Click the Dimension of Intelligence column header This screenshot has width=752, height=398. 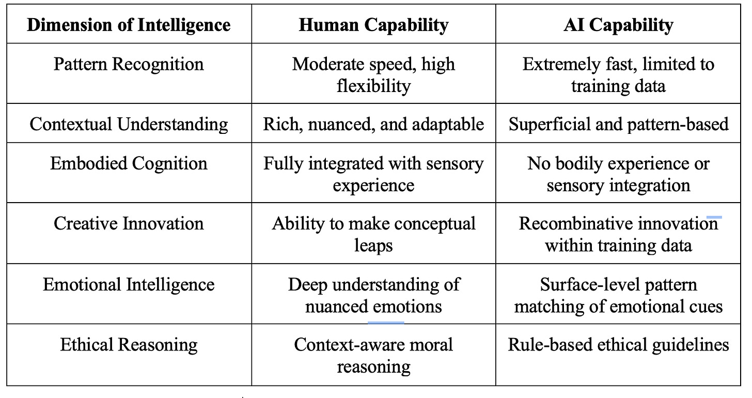click(x=129, y=25)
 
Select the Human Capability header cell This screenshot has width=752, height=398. click(x=373, y=25)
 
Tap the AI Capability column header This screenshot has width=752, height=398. click(x=618, y=25)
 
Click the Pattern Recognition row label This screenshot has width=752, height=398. click(x=129, y=65)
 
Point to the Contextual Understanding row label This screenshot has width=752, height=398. click(x=129, y=124)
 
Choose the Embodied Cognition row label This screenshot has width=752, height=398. click(x=129, y=163)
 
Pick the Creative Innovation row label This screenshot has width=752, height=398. click(x=129, y=224)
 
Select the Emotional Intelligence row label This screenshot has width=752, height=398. click(x=129, y=284)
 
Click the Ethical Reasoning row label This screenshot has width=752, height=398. click(x=129, y=345)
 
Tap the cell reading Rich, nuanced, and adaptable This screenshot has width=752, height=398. click(x=373, y=124)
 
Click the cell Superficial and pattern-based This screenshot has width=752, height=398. click(x=618, y=124)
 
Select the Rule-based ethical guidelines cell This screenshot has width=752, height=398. click(x=618, y=345)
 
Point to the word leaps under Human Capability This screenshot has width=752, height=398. click(x=373, y=245)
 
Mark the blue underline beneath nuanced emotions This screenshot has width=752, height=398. click(x=386, y=322)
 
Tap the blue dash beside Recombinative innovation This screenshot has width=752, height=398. click(x=713, y=218)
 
